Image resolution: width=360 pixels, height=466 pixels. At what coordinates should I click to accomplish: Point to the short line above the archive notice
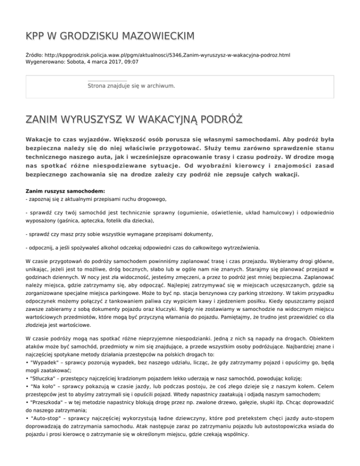coord(107,81)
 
